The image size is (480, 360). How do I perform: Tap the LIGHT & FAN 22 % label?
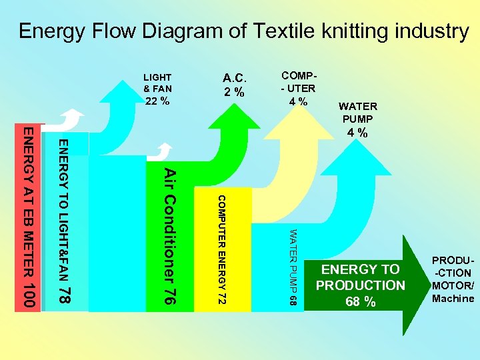click(157, 89)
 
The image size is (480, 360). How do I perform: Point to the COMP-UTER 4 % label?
click(298, 88)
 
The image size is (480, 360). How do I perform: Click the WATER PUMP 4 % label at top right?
click(358, 119)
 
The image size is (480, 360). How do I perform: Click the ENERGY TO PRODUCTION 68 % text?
click(361, 285)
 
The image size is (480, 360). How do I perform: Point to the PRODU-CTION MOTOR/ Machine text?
click(453, 279)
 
